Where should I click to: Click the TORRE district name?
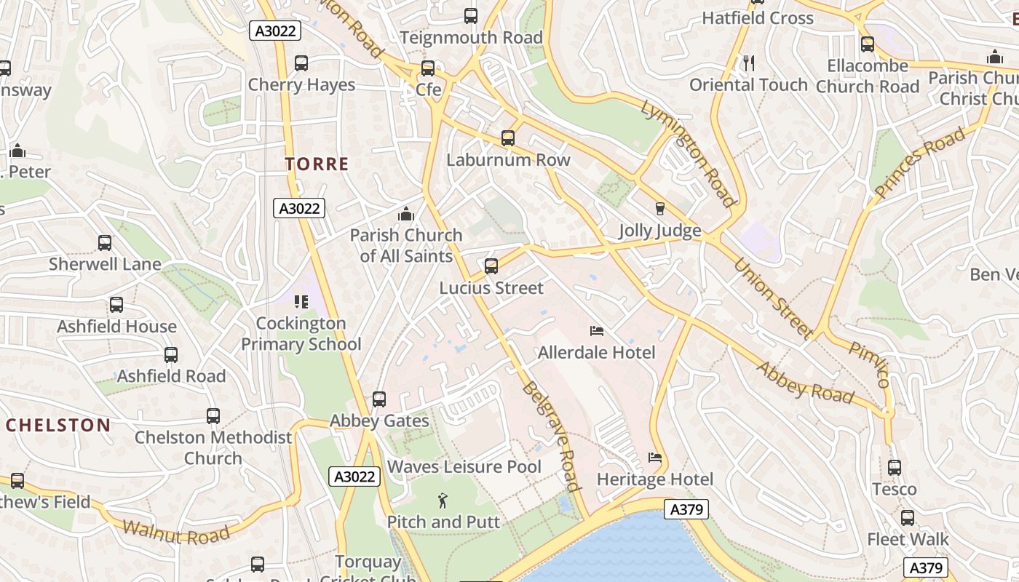[317, 164]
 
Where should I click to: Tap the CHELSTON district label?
[58, 425]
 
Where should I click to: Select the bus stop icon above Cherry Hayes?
[301, 63]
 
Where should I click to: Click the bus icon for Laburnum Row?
[508, 138]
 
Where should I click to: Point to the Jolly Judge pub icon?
[660, 209]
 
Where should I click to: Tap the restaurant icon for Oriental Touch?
[748, 63]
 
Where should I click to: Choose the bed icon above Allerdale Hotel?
[597, 331]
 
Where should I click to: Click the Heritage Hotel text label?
[655, 479]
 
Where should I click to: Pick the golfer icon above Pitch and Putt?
[443, 501]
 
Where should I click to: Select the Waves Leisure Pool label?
[464, 466]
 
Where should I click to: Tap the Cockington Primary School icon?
[301, 301]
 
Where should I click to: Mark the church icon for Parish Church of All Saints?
[406, 214]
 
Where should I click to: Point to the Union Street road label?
[773, 298]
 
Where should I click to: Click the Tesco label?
[894, 489]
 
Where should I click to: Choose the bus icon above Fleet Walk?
[908, 518]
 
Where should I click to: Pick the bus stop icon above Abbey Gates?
[379, 399]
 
